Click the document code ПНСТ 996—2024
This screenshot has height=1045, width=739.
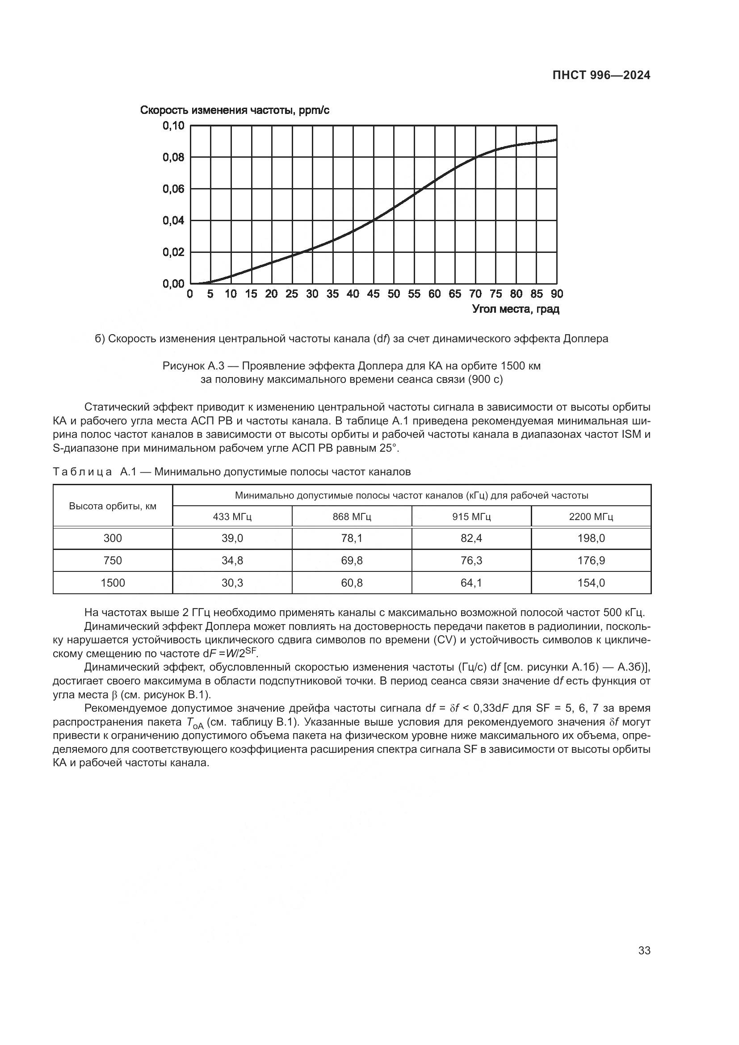point(601,76)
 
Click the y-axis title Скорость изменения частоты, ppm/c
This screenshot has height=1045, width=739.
point(235,110)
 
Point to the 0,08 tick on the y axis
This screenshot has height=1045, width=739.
point(173,157)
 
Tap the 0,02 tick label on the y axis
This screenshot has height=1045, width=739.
point(173,252)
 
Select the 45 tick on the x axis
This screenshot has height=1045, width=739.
point(373,294)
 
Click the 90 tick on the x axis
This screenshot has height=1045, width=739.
point(557,294)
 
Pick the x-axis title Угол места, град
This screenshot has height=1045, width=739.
point(516,310)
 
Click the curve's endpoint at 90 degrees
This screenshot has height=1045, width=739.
point(556,140)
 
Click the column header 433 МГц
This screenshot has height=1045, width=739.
point(232,517)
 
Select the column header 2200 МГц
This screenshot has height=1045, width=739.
point(591,517)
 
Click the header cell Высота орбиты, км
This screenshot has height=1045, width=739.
point(113,506)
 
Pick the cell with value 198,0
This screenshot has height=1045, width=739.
point(591,538)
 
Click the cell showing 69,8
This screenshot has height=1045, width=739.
point(352,560)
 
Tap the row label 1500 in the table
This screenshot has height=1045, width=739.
point(113,583)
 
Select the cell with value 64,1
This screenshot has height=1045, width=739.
point(471,583)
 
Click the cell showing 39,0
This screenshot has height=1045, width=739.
point(232,538)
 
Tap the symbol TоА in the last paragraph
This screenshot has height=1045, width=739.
point(195,723)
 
